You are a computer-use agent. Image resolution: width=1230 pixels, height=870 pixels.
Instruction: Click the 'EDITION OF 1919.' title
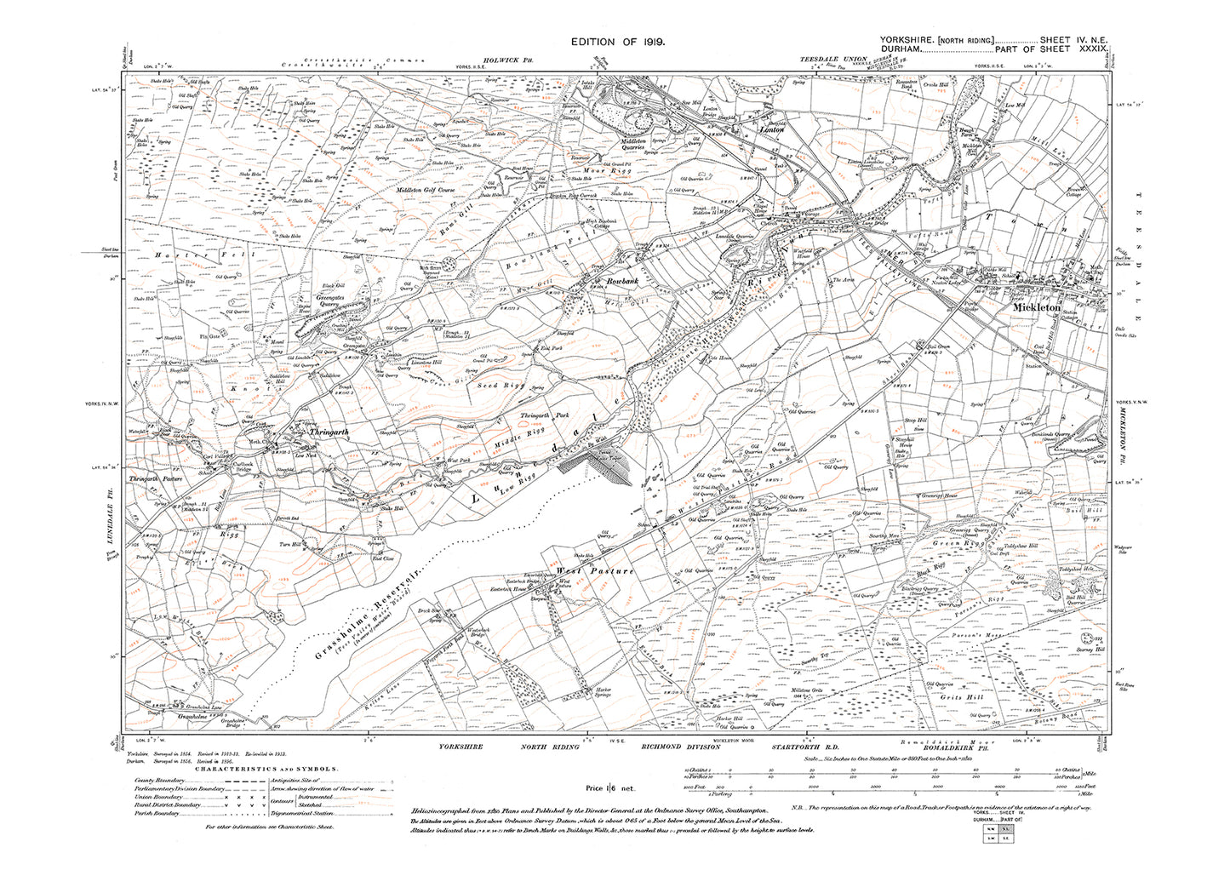click(613, 41)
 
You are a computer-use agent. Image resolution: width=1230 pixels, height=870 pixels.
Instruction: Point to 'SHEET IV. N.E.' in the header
click(1071, 41)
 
